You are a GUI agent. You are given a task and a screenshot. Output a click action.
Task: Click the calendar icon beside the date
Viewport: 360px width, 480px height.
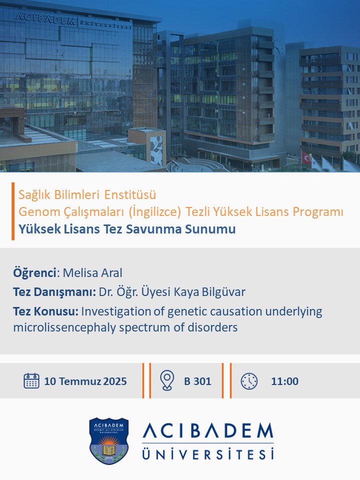[x=31, y=381]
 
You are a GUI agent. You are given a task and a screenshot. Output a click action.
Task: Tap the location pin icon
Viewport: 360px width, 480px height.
[x=167, y=380]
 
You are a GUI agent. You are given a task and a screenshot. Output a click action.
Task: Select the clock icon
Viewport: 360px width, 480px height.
[x=249, y=381]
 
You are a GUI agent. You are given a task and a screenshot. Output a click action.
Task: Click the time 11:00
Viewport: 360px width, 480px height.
[x=284, y=381]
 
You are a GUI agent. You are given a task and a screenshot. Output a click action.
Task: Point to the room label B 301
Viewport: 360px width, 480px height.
[x=197, y=381]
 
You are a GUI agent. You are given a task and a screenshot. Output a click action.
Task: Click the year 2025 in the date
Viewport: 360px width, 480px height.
[x=115, y=381]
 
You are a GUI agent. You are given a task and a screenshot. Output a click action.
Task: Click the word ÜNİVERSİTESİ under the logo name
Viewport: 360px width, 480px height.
[x=208, y=453]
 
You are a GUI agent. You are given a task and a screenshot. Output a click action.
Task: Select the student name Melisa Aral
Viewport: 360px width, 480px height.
[x=92, y=273]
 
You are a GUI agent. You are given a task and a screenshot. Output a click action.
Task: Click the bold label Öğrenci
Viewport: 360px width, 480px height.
[x=34, y=273]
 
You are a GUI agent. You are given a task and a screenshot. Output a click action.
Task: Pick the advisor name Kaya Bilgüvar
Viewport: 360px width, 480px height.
[x=209, y=291]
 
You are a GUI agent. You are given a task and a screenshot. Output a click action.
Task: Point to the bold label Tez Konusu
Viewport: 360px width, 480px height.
[x=45, y=311]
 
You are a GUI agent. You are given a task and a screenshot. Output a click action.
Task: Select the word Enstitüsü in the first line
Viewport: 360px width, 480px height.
[x=130, y=194]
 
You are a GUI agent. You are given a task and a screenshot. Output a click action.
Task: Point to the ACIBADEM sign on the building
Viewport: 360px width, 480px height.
[x=45, y=19]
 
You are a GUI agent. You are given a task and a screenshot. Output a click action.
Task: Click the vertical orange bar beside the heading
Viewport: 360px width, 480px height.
[x=13, y=211]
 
